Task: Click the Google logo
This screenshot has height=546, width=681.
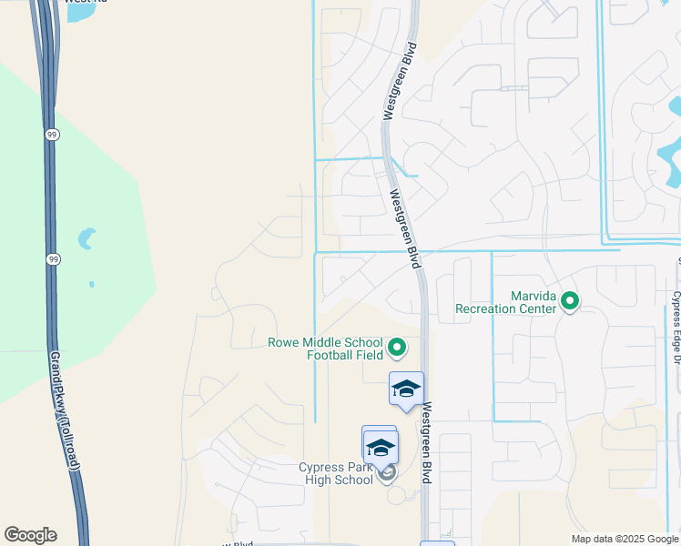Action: [30, 535]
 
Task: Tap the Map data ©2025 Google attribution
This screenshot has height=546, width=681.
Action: [625, 539]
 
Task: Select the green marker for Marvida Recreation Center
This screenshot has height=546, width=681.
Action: [570, 299]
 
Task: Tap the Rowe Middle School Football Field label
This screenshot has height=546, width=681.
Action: [324, 349]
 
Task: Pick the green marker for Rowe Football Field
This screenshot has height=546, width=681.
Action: [397, 346]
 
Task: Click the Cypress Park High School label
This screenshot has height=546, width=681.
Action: [336, 473]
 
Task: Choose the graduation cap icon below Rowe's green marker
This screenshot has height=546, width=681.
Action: [405, 389]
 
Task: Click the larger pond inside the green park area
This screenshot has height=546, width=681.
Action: [86, 238]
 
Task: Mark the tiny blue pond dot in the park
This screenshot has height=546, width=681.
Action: [91, 285]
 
